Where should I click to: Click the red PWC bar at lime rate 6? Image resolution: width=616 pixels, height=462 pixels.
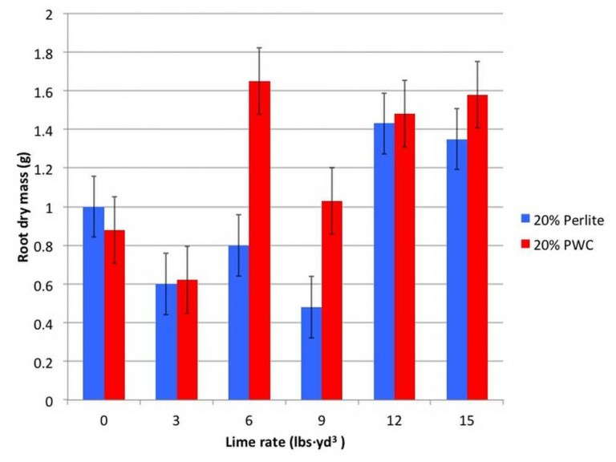click(259, 241)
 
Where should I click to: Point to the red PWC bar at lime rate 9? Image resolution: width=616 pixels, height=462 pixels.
click(332, 301)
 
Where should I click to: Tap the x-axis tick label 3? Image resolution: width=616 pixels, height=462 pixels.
click(176, 419)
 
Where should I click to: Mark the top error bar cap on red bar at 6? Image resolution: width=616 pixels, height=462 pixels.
click(259, 48)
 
